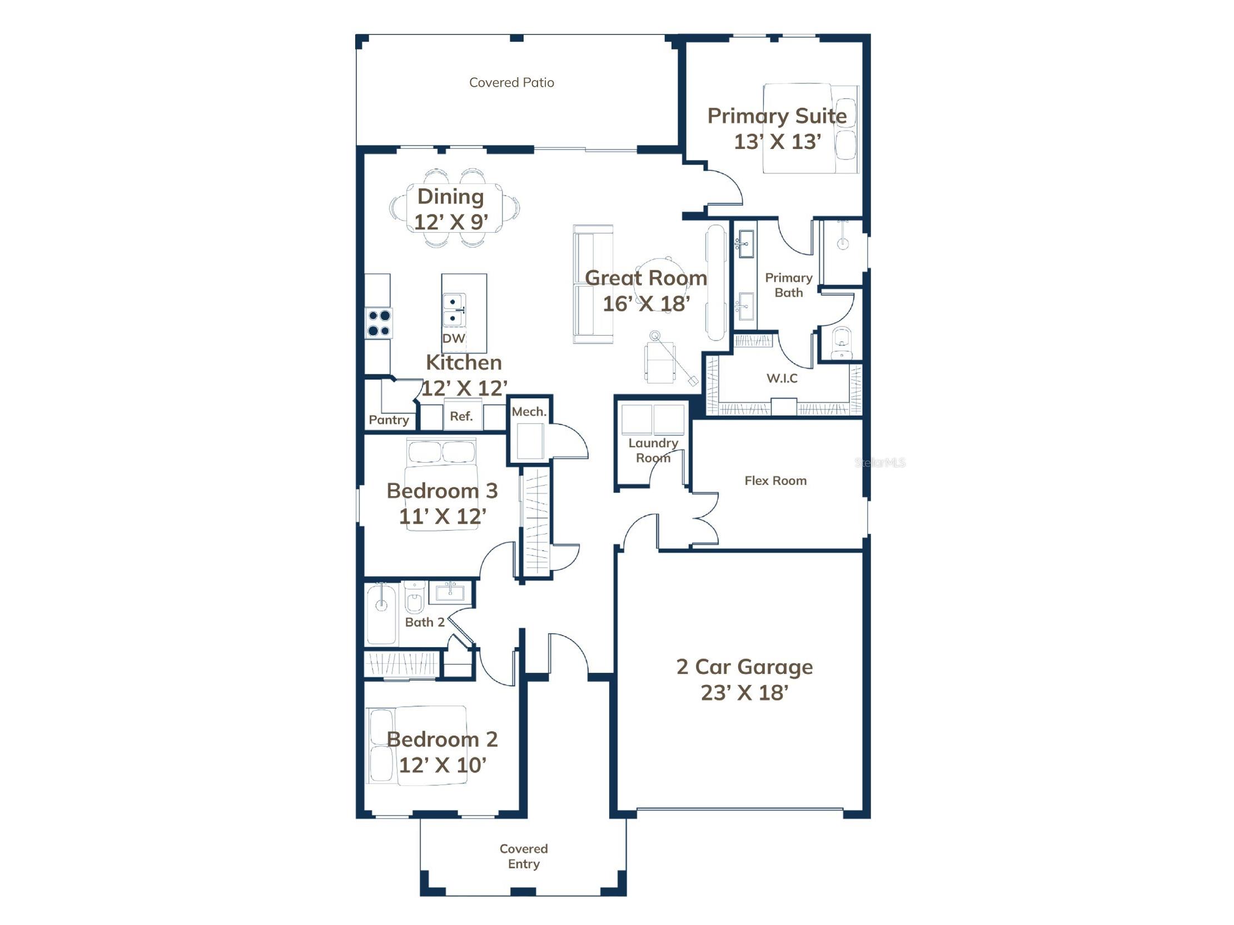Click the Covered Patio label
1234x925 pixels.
coord(511,83)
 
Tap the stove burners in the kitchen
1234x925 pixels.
coord(379,323)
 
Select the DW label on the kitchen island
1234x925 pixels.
coord(454,338)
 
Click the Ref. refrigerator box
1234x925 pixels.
coord(461,416)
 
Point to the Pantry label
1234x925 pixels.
coord(389,420)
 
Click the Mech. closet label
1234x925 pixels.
coord(529,412)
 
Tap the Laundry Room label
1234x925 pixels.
coord(653,450)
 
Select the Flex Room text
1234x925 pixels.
coord(775,481)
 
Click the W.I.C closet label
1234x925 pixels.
coord(782,378)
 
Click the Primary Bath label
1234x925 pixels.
coord(788,285)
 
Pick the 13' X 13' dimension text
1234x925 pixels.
coord(777,142)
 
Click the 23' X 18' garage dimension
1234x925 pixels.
coord(744,692)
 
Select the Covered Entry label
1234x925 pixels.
coord(523,856)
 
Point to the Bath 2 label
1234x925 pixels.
coord(425,622)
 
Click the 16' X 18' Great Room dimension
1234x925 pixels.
coord(646,303)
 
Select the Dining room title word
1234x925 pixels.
coord(450,196)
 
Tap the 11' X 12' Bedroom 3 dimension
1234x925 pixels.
coord(442,516)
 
